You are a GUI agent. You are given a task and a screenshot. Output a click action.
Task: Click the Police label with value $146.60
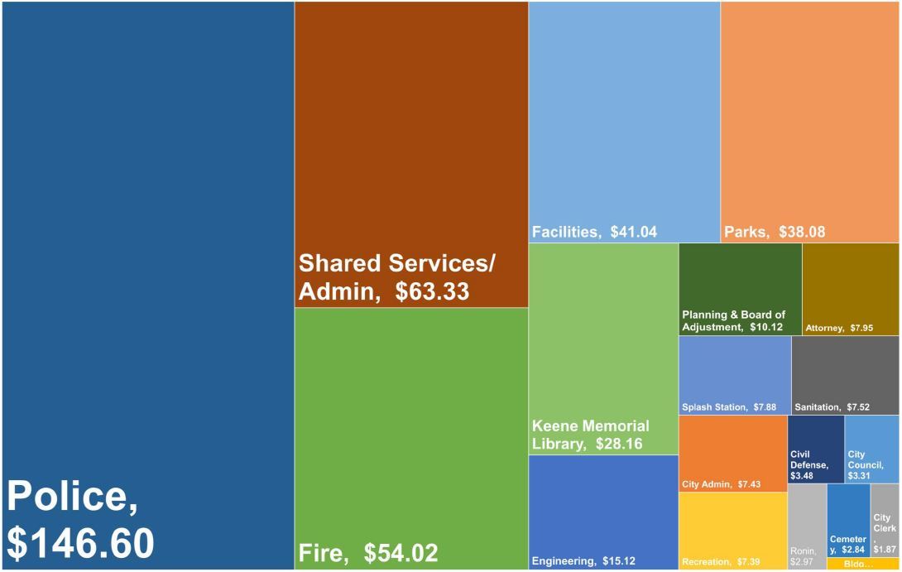pos(80,520)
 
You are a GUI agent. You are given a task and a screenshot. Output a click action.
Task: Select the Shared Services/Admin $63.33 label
pos(396,277)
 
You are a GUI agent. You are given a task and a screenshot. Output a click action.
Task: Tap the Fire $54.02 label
pos(367,553)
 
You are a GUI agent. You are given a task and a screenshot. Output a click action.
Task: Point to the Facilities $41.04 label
pos(594,233)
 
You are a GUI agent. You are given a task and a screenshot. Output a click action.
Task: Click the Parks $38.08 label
pos(775,233)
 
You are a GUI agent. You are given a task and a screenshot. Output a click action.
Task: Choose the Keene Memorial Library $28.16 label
pos(590,435)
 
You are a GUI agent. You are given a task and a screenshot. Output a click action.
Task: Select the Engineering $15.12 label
pos(583,561)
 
